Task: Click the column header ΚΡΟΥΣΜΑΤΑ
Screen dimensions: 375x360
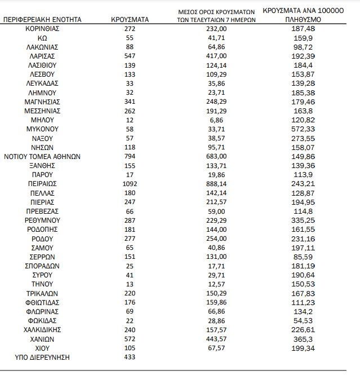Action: click(130, 19)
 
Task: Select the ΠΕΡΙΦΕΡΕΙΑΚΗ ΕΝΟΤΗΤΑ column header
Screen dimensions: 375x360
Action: click(42, 19)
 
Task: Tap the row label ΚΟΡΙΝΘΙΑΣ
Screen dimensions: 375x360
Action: click(42, 29)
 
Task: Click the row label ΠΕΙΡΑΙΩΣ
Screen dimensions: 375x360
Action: click(42, 184)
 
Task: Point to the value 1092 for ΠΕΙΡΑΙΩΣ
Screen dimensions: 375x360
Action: click(130, 184)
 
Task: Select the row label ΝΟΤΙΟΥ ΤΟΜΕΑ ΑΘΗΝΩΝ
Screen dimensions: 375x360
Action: click(42, 156)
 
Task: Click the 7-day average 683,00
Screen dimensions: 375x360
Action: click(217, 156)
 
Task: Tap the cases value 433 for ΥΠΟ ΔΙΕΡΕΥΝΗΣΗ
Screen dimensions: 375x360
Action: click(130, 357)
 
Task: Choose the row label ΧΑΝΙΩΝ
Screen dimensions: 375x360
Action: click(42, 339)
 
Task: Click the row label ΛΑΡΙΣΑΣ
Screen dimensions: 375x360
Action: click(42, 56)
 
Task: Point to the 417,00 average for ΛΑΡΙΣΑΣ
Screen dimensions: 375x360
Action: click(217, 56)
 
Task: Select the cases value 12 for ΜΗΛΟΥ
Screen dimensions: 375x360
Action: click(130, 120)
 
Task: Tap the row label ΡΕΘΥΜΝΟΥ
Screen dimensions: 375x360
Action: click(42, 220)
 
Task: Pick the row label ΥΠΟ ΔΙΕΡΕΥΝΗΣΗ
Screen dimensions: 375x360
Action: click(42, 357)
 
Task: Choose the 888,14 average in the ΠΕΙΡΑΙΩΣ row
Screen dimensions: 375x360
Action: click(217, 184)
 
